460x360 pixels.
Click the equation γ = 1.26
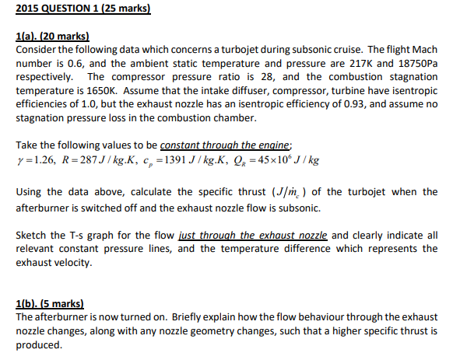click(36, 161)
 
